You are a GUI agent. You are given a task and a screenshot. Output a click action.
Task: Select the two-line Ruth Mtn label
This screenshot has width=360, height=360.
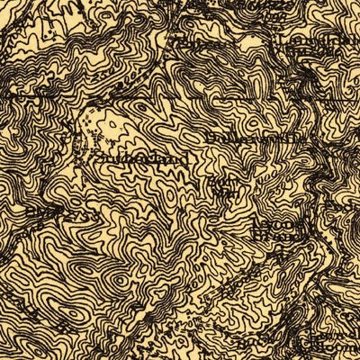pyautogui.click(x=221, y=184)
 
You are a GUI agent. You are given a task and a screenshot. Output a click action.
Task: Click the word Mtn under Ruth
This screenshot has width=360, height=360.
pyautogui.click(x=222, y=191)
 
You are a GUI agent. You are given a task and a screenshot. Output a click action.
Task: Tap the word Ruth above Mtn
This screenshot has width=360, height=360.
pyautogui.click(x=222, y=179)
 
